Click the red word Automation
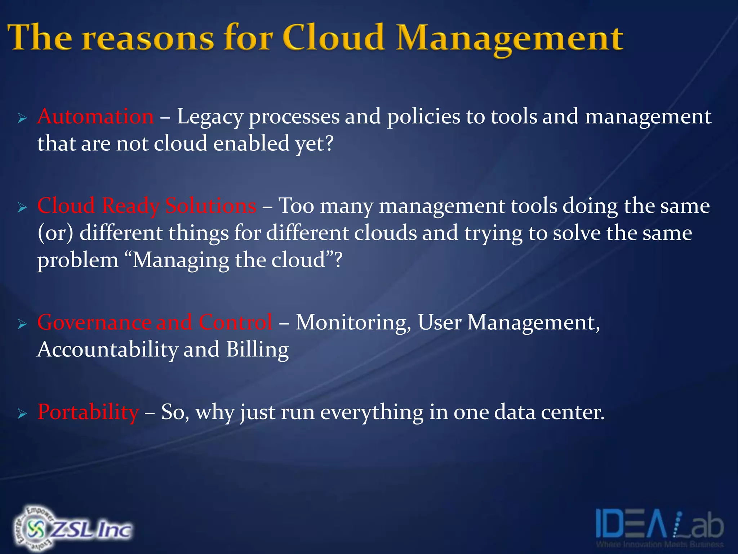[95, 116]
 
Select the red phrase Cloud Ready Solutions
[147, 206]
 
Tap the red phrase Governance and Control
[155, 322]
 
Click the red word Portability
[88, 412]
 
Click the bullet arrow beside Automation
[22, 118]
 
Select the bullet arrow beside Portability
[22, 414]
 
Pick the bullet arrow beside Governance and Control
[22, 324]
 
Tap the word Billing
[257, 349]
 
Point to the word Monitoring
[353, 322]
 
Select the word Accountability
[107, 349]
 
